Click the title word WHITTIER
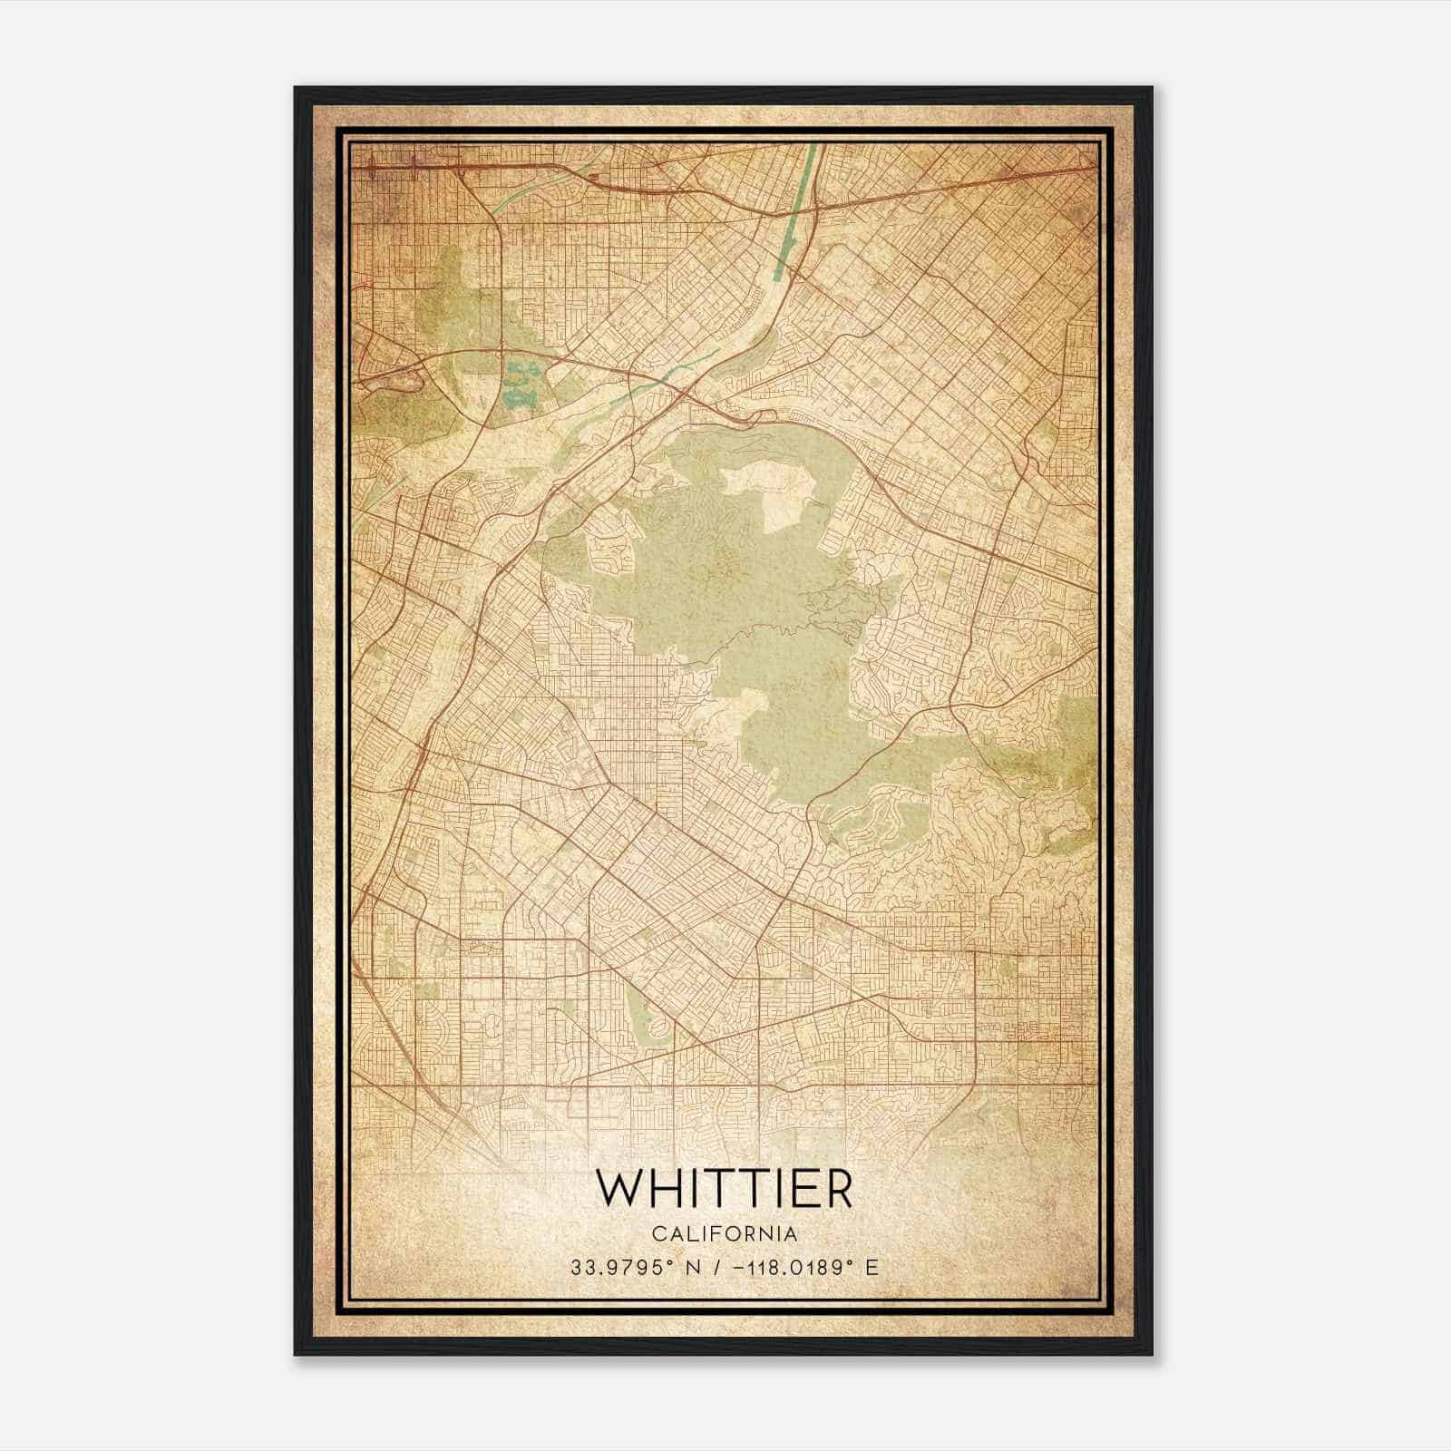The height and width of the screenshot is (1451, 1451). pyautogui.click(x=724, y=1189)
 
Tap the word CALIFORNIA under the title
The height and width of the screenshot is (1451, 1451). pyautogui.click(x=725, y=1234)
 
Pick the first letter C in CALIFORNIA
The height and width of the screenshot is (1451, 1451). pyautogui.click(x=657, y=1234)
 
